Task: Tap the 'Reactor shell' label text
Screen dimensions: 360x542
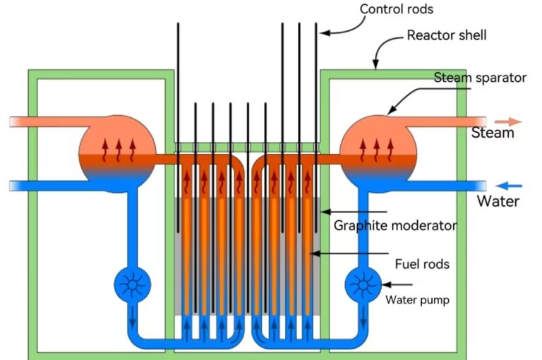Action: click(447, 35)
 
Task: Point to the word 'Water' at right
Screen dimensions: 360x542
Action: click(498, 201)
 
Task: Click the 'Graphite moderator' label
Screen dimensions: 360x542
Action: click(395, 226)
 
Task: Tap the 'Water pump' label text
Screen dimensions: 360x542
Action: click(417, 299)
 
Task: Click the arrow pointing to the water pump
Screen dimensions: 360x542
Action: click(395, 284)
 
